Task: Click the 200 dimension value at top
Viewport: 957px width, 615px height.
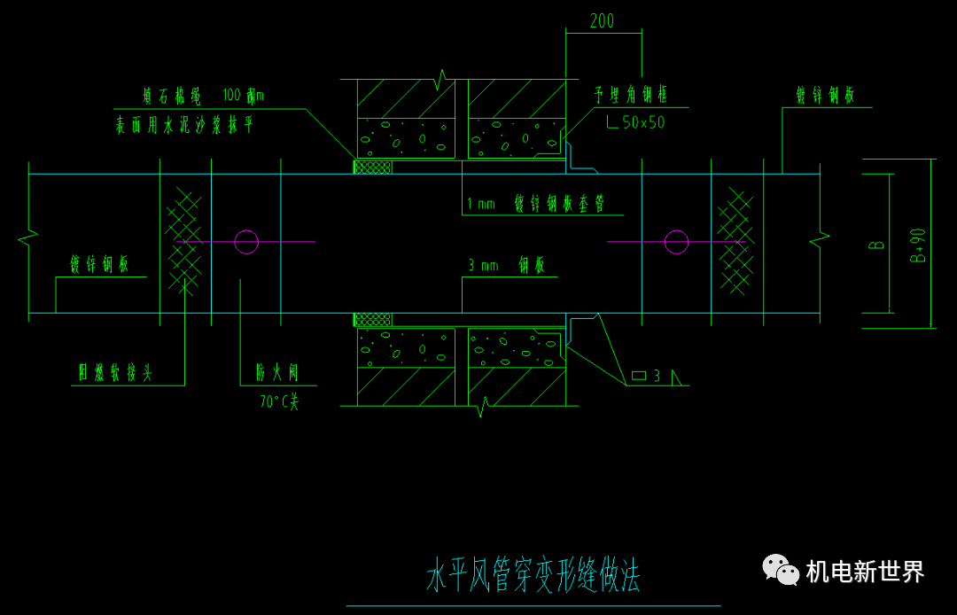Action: [x=602, y=21]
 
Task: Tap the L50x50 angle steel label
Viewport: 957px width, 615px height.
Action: [x=635, y=122]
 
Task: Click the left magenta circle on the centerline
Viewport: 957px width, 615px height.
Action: [x=246, y=242]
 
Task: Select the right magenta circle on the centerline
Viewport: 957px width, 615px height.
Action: [x=676, y=242]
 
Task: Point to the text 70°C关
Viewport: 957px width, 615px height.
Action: [x=279, y=401]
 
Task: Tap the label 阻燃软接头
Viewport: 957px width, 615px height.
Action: [x=115, y=373]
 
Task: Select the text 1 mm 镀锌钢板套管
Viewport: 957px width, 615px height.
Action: [x=536, y=204]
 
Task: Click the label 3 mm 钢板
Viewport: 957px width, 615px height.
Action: [x=507, y=265]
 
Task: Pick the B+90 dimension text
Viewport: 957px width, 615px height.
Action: [x=918, y=245]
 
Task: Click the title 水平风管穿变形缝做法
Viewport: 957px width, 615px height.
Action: [x=533, y=576]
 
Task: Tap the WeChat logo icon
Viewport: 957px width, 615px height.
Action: [x=781, y=570]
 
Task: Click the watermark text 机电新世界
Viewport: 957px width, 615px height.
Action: [x=865, y=572]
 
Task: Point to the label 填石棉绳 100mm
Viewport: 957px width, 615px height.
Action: [x=203, y=95]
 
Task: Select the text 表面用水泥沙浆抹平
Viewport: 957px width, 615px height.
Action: [x=185, y=125]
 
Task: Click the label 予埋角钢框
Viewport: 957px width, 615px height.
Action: [x=631, y=95]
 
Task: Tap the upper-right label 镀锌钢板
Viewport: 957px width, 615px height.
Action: [x=825, y=96]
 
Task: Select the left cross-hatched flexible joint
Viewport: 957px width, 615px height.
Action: [x=184, y=241]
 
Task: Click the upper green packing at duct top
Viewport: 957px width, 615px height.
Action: [x=373, y=167]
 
